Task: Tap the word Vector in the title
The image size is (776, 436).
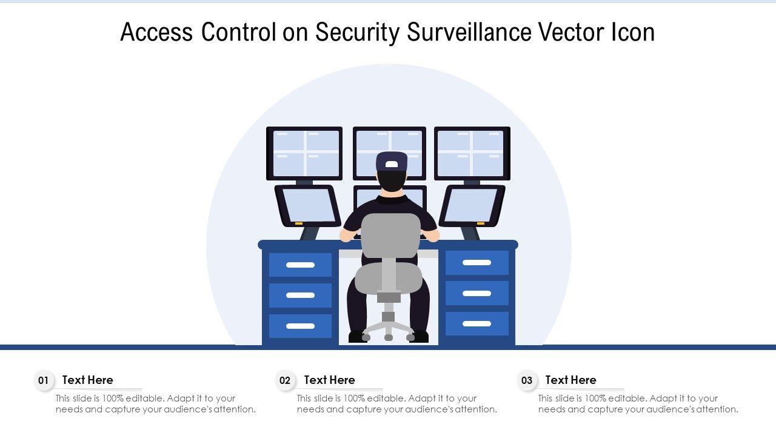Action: pyautogui.click(x=569, y=33)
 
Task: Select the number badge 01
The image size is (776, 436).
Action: pyautogui.click(x=43, y=381)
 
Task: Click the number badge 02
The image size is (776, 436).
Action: pyautogui.click(x=285, y=381)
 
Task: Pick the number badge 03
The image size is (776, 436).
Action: pyautogui.click(x=527, y=381)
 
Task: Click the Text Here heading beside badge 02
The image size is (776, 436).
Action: pyautogui.click(x=329, y=380)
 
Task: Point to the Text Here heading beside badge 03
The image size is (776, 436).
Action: pyautogui.click(x=570, y=380)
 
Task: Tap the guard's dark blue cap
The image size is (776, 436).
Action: pyautogui.click(x=391, y=162)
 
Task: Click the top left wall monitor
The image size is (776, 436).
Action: pyautogui.click(x=304, y=153)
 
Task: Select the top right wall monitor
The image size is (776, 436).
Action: pyautogui.click(x=472, y=153)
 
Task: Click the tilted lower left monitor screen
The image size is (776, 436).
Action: pyautogui.click(x=308, y=205)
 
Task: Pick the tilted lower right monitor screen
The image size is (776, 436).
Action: pyautogui.click(x=471, y=205)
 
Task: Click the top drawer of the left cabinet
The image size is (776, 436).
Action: pyautogui.click(x=300, y=265)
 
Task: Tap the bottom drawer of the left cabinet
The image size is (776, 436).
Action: pyautogui.click(x=300, y=326)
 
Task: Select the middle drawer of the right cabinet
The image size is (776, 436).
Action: pyautogui.click(x=477, y=293)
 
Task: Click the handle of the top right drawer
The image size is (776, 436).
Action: pyautogui.click(x=477, y=263)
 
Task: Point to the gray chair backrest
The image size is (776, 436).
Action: pyautogui.click(x=390, y=236)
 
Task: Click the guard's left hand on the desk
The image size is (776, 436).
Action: pyautogui.click(x=346, y=236)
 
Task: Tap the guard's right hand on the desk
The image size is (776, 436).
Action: pyautogui.click(x=433, y=236)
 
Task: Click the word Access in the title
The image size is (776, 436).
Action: pyautogui.click(x=157, y=33)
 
